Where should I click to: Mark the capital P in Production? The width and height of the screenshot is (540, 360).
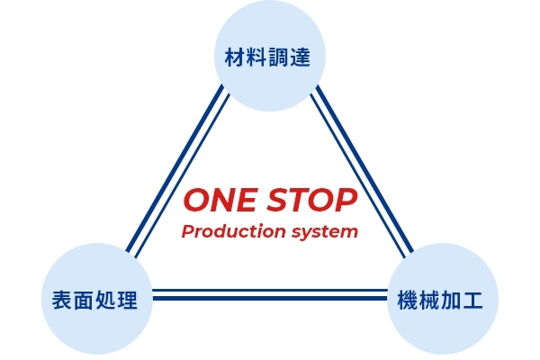[187, 232]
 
